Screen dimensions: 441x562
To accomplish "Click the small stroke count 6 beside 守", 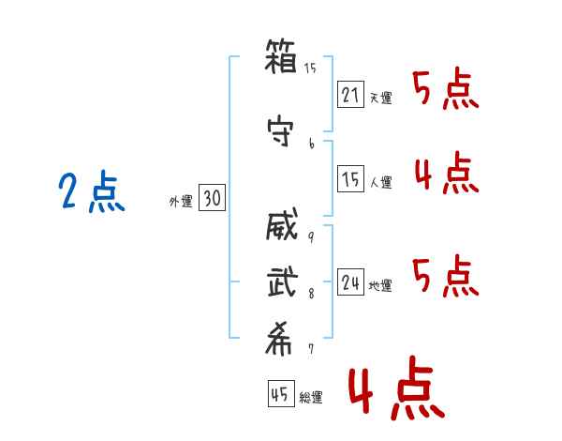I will (311, 143).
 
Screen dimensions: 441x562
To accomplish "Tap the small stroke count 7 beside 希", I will (311, 349).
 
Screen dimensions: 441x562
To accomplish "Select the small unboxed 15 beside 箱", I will (311, 68).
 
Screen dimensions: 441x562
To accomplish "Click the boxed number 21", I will (349, 94).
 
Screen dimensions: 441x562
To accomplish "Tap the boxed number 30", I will (212, 198).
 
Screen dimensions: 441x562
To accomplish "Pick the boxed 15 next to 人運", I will (349, 180).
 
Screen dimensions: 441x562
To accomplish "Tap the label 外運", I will (180, 201).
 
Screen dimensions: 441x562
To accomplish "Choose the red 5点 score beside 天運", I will (446, 90).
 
